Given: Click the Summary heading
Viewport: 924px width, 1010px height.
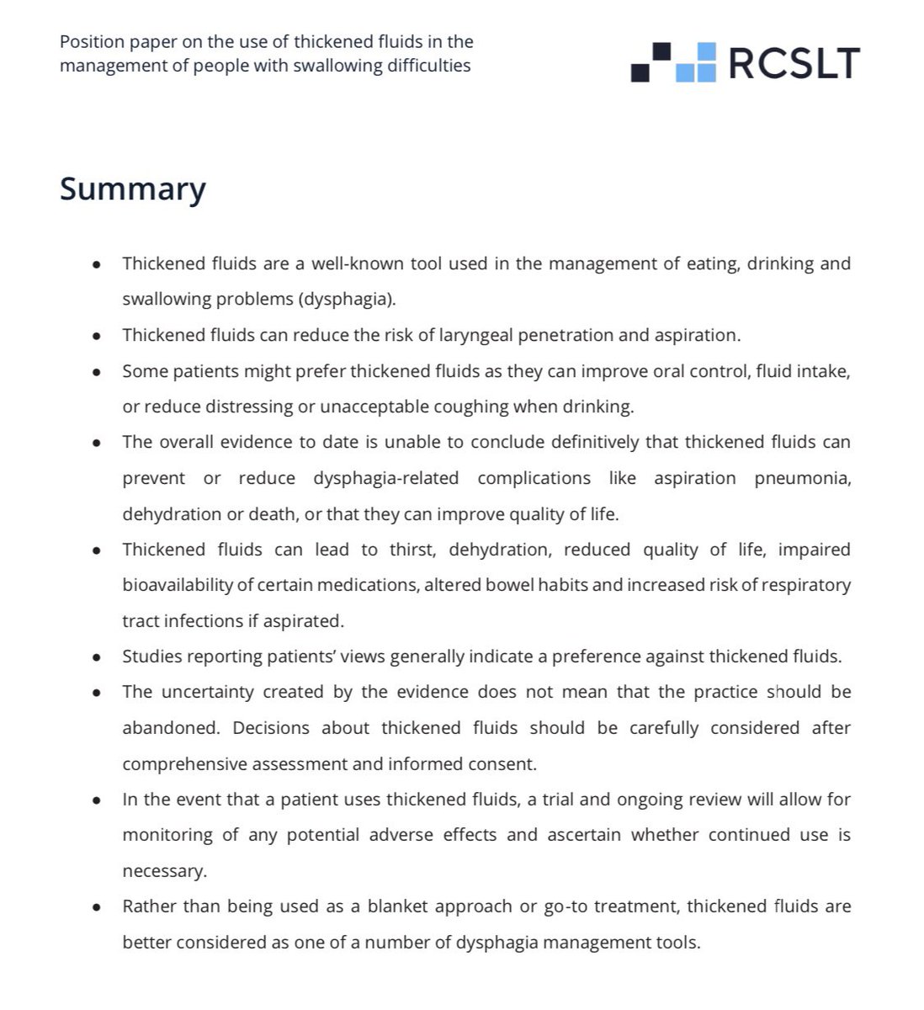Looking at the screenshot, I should point(132,189).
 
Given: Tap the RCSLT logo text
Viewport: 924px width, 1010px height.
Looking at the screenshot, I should point(794,63).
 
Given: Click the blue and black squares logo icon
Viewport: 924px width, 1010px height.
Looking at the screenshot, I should point(672,62).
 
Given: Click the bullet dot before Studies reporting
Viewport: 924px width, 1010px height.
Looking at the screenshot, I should point(97,657).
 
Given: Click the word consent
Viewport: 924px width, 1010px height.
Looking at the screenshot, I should point(506,764).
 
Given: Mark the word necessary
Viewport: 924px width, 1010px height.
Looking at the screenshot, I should point(164,871).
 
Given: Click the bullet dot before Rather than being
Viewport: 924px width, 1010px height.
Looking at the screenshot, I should point(97,907).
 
